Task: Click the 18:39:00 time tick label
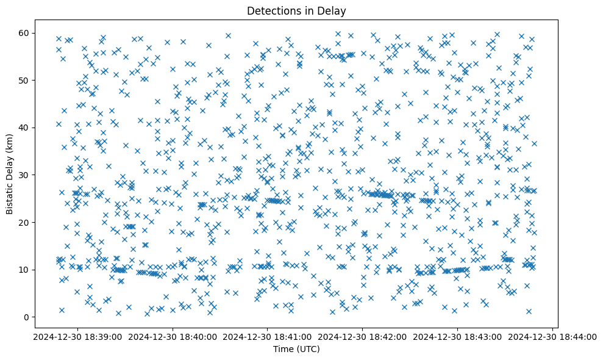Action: [x=77, y=336]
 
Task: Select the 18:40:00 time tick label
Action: [x=172, y=336]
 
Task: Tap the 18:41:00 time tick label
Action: [x=268, y=336]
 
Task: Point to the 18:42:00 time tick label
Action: [x=363, y=336]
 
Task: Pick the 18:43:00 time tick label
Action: [x=458, y=336]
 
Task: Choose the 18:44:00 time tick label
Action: [x=553, y=336]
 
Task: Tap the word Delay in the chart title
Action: [x=332, y=10]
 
